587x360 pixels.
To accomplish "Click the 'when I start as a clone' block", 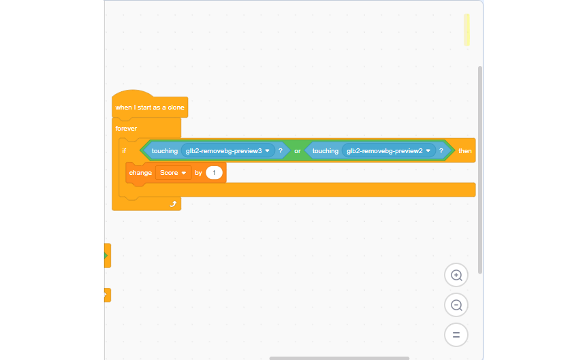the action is [x=150, y=108].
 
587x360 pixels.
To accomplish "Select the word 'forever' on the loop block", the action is [x=126, y=129].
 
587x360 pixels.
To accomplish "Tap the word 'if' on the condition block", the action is [x=124, y=151].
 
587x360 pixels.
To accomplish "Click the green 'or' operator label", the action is [x=298, y=151].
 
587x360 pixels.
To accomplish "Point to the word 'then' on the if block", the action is [x=465, y=151].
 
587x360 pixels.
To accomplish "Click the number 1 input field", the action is [x=215, y=173].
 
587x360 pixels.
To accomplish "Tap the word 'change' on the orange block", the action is [x=140, y=173].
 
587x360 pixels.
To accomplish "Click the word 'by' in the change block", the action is [x=199, y=173].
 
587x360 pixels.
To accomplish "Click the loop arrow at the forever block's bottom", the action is [x=172, y=203].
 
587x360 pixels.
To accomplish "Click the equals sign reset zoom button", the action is [x=456, y=335].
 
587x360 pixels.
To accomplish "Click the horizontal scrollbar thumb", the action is [x=339, y=358].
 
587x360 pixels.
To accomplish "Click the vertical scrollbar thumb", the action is [x=480, y=170].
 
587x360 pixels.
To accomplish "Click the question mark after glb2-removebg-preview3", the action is [x=280, y=151].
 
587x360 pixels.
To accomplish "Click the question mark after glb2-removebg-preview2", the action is [x=441, y=151].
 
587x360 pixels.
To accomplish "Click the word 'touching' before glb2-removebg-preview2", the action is [x=326, y=151].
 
